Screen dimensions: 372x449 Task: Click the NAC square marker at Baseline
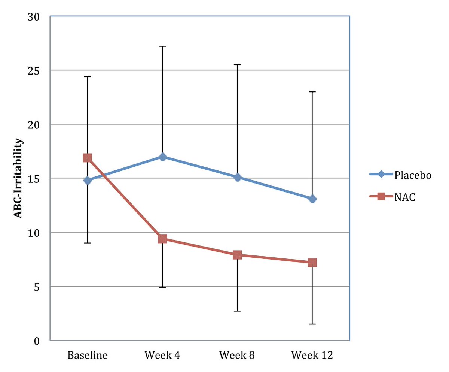pos(88,158)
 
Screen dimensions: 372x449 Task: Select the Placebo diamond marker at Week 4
pos(162,157)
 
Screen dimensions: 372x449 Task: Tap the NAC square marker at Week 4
pos(162,239)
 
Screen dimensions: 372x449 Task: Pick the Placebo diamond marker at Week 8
pos(237,177)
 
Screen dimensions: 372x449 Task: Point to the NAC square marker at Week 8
pos(237,255)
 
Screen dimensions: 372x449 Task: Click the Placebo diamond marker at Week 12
pos(312,199)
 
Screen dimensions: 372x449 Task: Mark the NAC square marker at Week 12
pos(312,263)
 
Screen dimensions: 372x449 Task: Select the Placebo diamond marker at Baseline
pos(88,180)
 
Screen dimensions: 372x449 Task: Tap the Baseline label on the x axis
pos(88,355)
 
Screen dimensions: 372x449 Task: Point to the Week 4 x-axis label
pos(162,355)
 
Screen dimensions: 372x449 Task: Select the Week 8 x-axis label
pos(237,355)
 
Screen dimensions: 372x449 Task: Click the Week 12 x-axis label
pos(312,355)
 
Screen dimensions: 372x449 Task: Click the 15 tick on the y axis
pos(36,178)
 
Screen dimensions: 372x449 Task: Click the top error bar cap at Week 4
pos(162,46)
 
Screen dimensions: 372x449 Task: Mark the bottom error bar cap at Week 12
pos(312,324)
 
